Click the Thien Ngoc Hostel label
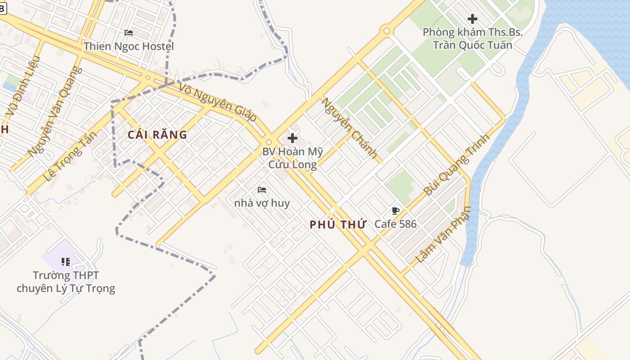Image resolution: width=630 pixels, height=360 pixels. (x=129, y=46)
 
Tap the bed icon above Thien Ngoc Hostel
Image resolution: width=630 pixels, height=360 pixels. (x=129, y=33)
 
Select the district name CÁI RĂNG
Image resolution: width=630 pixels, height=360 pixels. (x=157, y=135)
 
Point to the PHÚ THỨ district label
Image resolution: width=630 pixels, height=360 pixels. (x=337, y=225)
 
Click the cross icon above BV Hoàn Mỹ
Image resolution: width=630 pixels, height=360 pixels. (x=292, y=138)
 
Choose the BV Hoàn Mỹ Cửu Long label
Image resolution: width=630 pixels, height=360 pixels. (x=292, y=158)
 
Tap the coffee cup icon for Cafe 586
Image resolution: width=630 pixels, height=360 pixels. (x=396, y=211)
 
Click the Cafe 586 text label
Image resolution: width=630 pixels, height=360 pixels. (x=396, y=224)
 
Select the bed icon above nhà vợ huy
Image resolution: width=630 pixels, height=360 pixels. (x=262, y=190)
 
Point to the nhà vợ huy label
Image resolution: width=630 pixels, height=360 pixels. (x=262, y=203)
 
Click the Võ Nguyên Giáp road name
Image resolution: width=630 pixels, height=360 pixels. (x=218, y=102)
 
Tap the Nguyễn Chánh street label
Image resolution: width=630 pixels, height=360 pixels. (x=349, y=128)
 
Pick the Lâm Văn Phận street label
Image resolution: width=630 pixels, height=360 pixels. (x=443, y=234)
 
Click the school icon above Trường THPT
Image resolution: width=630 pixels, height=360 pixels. (x=66, y=261)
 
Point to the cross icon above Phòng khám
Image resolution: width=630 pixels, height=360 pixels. (x=472, y=19)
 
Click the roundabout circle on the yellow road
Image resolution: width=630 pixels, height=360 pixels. (x=386, y=31)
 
